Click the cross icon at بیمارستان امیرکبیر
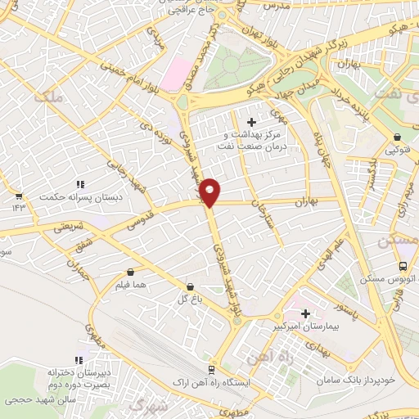click(x=305, y=313)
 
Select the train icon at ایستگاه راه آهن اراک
click(x=213, y=369)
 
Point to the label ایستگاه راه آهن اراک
click(x=212, y=382)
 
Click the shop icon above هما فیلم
click(x=130, y=272)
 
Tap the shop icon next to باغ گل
click(x=191, y=287)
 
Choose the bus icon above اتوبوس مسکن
click(x=403, y=266)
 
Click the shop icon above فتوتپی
click(x=398, y=137)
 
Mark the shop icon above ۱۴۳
click(x=19, y=196)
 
